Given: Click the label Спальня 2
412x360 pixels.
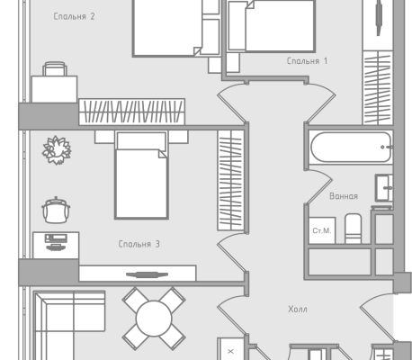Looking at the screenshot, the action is pos(74,16).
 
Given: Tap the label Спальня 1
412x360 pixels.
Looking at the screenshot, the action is pos(307,61).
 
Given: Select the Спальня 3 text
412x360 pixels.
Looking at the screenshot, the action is pos(139,244).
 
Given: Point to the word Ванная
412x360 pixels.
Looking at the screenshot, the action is pos(344,196).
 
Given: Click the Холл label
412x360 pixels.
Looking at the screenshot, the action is pos(298,309).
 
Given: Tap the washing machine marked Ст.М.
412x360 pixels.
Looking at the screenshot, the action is pos(322,230).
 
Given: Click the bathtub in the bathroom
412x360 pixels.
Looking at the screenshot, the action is pos(351,148).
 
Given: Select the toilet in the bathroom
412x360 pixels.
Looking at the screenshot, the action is pos(353,229).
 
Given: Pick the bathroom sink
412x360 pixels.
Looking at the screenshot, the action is pos(384,188).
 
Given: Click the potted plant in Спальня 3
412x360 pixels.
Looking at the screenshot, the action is pos(57,150).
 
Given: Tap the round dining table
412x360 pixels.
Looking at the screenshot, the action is pos(154,319).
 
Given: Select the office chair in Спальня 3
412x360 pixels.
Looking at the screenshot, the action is pos(56,211).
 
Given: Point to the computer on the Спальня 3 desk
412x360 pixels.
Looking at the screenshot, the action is pos(56,242).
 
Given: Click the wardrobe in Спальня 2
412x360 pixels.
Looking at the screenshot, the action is pos(132,112).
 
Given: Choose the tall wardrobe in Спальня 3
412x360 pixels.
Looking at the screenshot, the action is pos(230,180).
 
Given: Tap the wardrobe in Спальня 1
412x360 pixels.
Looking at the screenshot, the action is pos(378,87).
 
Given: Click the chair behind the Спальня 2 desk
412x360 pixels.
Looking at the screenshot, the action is pos(55,69).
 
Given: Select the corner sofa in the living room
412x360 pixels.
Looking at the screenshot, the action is pos(69,325).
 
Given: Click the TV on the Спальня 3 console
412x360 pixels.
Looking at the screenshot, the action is pos(147,274).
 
